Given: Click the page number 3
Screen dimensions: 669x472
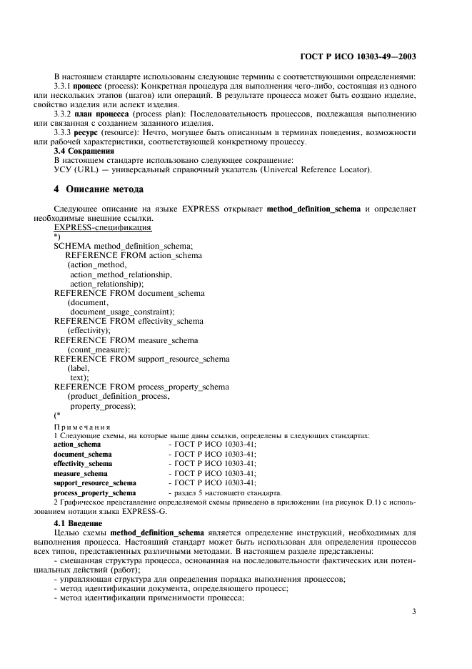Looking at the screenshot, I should tap(414, 611).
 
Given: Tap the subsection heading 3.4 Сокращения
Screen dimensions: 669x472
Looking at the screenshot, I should tap(84, 151).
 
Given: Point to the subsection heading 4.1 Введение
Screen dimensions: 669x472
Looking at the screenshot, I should tap(78, 523).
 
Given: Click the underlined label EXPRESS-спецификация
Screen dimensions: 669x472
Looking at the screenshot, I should tap(102, 227).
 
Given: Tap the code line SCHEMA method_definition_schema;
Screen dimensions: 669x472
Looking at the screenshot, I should tap(124, 246).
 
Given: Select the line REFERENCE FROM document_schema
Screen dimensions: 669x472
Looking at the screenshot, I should tap(129, 293).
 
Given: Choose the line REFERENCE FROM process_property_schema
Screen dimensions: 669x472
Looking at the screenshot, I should tap(141, 387).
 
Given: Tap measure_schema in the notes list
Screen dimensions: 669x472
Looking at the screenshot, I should tap(81, 473).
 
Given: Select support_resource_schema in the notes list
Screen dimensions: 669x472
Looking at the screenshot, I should tap(94, 483).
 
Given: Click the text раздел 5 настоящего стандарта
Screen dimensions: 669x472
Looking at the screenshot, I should tap(225, 492).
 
